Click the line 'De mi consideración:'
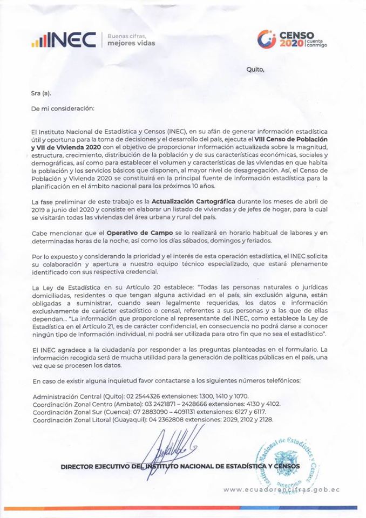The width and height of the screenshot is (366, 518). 63,107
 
